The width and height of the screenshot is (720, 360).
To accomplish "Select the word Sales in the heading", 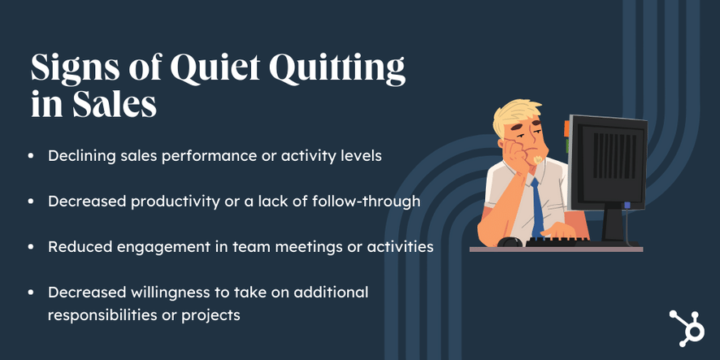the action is pos(114,105).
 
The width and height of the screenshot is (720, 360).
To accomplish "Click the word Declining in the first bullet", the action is pos(76,157).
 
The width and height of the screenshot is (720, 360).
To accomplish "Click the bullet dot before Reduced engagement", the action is pos(31,247).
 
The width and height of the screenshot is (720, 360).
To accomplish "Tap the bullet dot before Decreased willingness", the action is pos(31,293).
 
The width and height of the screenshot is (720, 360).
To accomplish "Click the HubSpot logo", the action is pos(686,327).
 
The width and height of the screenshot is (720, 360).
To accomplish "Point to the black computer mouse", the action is pos(510,241).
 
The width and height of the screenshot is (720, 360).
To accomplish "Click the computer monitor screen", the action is pos(609,161).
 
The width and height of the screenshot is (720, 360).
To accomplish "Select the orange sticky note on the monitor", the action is pos(566,128).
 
